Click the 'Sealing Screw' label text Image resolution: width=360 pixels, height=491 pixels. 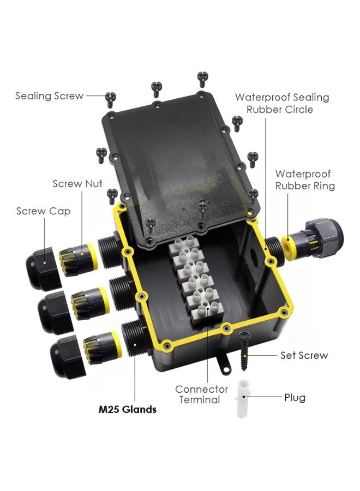[50, 96]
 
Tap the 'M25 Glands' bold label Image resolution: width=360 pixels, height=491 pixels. [128, 409]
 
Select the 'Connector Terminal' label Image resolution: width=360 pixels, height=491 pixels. [201, 394]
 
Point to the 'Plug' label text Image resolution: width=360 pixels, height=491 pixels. [295, 398]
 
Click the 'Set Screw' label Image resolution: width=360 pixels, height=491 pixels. [304, 355]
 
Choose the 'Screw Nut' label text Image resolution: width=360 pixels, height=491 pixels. [77, 183]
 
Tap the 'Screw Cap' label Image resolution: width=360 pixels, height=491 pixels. [43, 211]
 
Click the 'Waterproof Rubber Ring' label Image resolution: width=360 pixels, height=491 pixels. [305, 179]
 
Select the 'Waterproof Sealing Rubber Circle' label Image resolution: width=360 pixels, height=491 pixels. [282, 103]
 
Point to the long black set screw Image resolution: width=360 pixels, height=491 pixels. [244, 351]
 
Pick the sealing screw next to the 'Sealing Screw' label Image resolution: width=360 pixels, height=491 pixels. [111, 100]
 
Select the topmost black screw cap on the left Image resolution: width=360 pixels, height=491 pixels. [43, 268]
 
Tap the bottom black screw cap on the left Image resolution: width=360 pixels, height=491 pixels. [67, 357]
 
